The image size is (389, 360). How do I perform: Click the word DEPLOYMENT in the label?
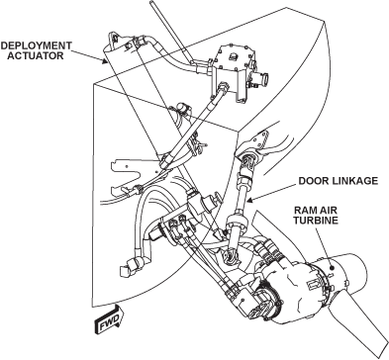(x=36, y=45)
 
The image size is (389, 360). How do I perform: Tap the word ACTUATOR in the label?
(x=36, y=55)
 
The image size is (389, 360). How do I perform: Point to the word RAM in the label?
(x=305, y=211)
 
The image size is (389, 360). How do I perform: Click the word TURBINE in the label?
(x=316, y=221)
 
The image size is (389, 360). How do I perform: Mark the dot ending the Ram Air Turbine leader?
(x=333, y=269)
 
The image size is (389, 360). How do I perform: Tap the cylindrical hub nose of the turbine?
(x=352, y=274)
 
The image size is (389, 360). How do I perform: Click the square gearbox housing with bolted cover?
(x=234, y=70)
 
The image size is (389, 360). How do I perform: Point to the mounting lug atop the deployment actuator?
(x=114, y=39)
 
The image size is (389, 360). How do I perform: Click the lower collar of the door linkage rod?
(x=237, y=224)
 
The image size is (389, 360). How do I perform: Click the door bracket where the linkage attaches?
(x=260, y=141)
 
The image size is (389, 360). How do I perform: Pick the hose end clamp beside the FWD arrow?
(x=128, y=265)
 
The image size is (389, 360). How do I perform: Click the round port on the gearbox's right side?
(x=262, y=79)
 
